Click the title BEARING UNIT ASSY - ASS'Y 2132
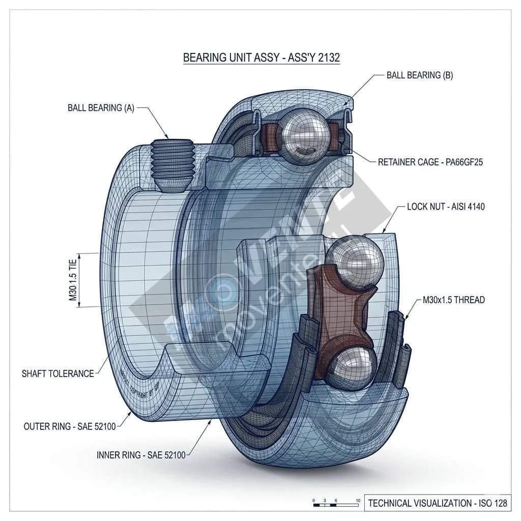click(x=261, y=57)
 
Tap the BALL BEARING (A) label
click(x=101, y=108)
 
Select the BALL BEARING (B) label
click(x=419, y=75)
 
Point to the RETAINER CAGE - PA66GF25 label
click(x=430, y=162)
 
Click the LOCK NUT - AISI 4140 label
click(x=446, y=207)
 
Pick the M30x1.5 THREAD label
click(x=454, y=300)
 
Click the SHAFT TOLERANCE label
click(x=57, y=373)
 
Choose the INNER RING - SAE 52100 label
click(x=141, y=454)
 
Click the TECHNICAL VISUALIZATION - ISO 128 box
click(x=438, y=503)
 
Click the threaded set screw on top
click(x=173, y=164)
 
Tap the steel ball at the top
click(x=301, y=136)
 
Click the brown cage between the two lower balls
click(x=342, y=315)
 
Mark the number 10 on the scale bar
click(x=358, y=501)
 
